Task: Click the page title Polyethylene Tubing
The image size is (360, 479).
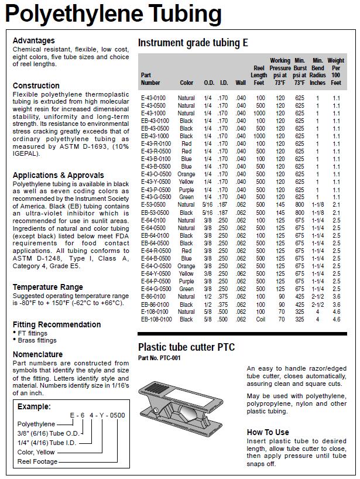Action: [114, 13]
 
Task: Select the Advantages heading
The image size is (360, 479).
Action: [34, 40]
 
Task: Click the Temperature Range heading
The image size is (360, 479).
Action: [48, 287]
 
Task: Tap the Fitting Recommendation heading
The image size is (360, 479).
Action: [57, 324]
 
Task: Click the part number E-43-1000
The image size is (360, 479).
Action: [153, 113]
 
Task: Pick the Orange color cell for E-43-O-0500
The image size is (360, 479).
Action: [186, 174]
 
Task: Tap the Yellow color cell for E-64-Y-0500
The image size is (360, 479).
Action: [186, 273]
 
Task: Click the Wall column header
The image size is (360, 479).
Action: [241, 83]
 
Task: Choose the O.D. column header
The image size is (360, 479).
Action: [208, 83]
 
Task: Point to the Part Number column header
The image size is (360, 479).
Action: [150, 79]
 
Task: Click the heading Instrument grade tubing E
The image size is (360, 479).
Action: [193, 43]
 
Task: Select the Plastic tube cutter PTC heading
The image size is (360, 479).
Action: [186, 347]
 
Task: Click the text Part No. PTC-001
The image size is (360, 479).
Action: [159, 358]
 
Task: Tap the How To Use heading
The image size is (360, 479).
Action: [268, 432]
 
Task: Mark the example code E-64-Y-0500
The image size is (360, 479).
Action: [97, 415]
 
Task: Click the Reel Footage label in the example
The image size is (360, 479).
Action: [38, 461]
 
